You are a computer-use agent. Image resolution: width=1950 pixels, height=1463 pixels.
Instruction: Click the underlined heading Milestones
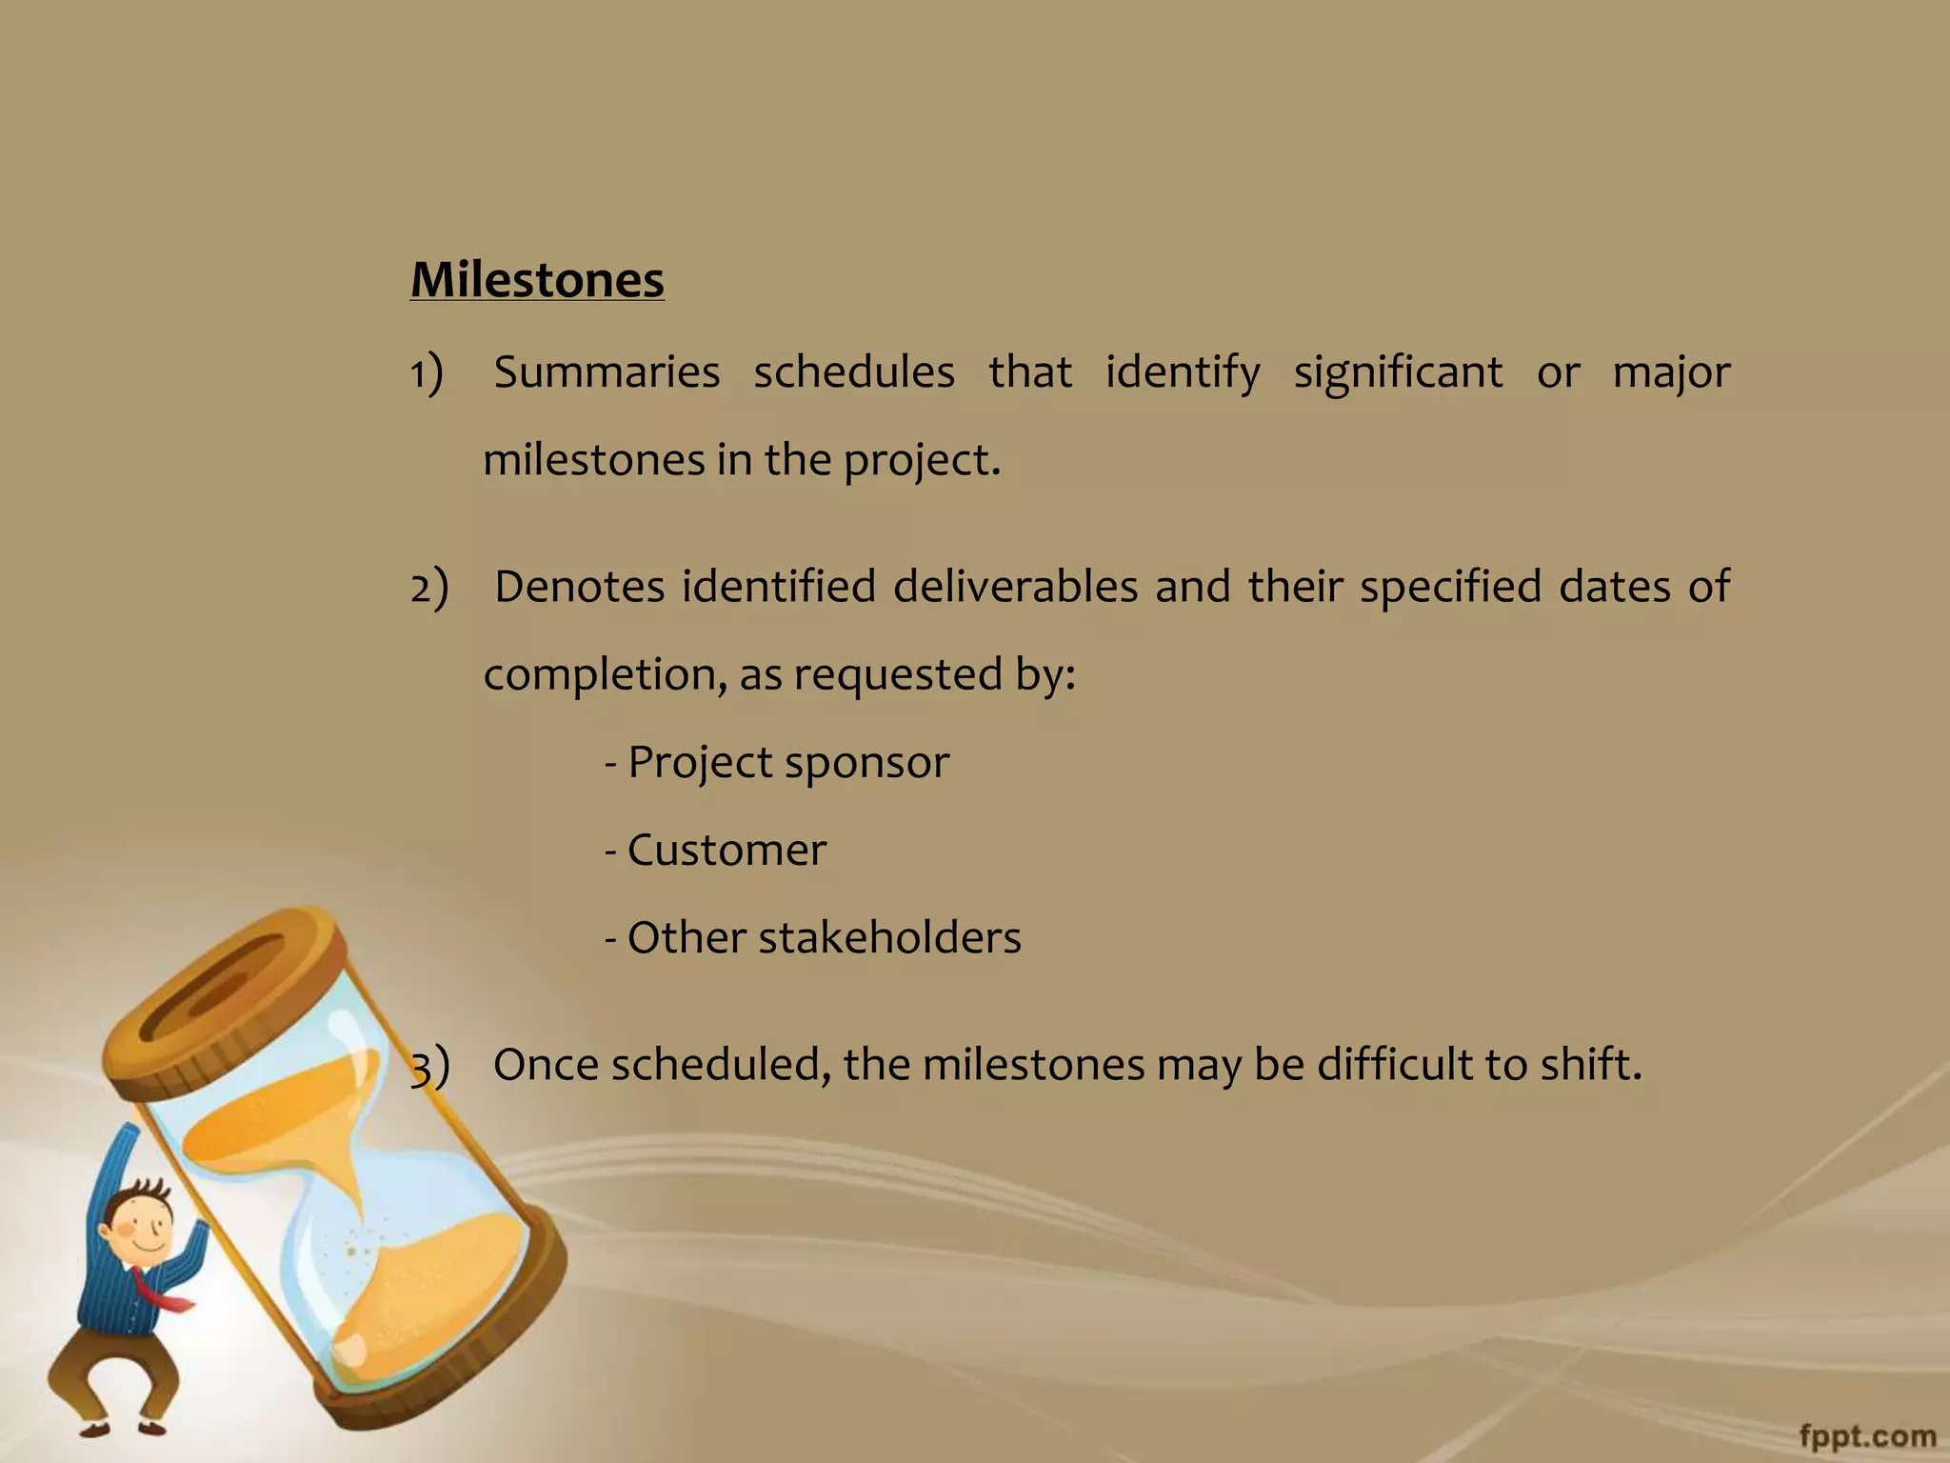537,280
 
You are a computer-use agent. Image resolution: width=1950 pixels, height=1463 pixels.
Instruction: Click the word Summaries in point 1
607,371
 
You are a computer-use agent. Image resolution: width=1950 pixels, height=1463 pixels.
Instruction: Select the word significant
1398,371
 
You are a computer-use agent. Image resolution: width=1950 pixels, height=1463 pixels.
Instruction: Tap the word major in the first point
1671,371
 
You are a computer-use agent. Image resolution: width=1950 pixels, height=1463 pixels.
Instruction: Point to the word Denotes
579,586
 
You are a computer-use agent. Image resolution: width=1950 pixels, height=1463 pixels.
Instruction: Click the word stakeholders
889,937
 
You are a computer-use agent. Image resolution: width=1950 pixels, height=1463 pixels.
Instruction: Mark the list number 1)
428,371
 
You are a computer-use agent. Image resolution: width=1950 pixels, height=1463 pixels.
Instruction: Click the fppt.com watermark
1867,1435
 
